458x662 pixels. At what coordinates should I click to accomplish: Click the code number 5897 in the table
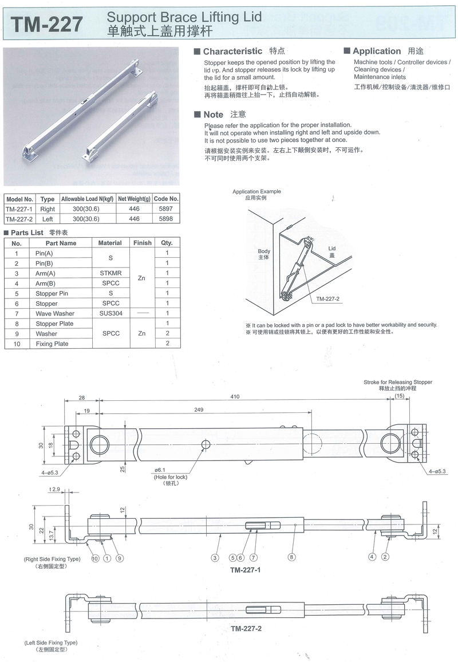pos(167,209)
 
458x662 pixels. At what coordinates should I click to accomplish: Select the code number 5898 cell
pos(167,219)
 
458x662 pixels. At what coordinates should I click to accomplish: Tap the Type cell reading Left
pos(48,219)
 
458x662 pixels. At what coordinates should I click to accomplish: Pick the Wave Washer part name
pos(55,314)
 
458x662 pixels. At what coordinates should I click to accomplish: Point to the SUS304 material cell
pos(110,313)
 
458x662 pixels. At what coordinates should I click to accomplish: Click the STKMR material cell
pos(110,273)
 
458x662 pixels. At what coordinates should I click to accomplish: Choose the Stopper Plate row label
pos(56,324)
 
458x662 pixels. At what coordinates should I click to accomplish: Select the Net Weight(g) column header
pos(134,199)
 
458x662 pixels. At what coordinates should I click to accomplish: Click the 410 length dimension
pos(235,396)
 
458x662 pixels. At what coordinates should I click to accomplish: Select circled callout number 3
pos(215,557)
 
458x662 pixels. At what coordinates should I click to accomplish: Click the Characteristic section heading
pos(232,51)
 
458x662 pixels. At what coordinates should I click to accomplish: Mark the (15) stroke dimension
pos(399,396)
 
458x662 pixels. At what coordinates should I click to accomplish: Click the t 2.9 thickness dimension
pos(56,489)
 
